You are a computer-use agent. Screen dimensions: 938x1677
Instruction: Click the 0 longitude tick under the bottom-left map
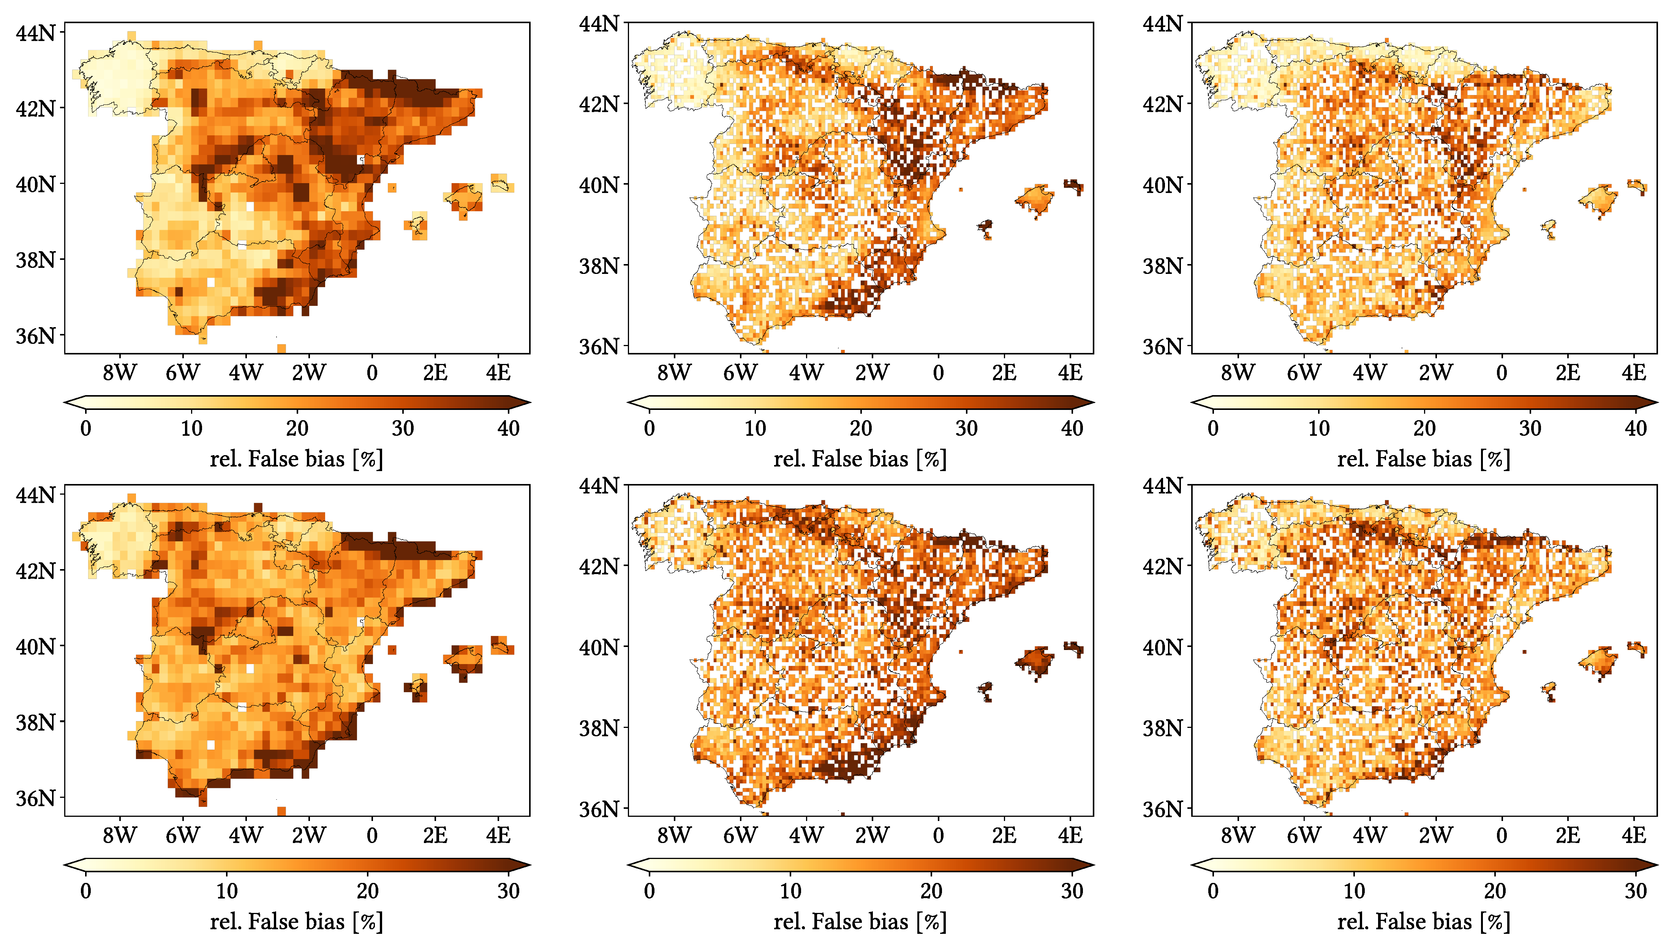pos(372,835)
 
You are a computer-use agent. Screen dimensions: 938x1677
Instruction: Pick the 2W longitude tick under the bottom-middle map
pos(872,835)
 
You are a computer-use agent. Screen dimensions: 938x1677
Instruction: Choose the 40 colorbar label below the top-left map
pos(509,428)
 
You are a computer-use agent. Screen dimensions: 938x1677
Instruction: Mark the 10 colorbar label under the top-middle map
pos(755,428)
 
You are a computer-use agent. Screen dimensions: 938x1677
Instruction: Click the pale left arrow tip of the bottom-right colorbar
pos(1198,865)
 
